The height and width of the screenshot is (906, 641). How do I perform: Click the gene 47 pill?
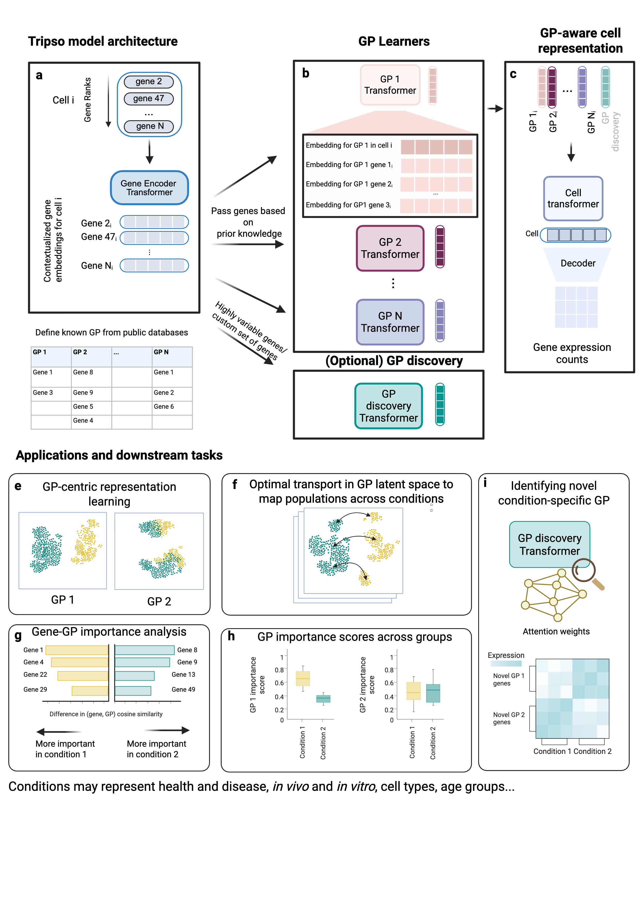[x=149, y=99]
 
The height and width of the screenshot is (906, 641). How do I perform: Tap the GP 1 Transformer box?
[x=390, y=85]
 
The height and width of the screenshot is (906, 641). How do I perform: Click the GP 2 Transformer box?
[x=390, y=248]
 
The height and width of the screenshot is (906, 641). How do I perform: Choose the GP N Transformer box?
[x=390, y=322]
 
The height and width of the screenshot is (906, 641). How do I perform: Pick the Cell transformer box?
[x=573, y=199]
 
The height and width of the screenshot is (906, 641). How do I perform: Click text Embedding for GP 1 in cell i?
[x=349, y=145]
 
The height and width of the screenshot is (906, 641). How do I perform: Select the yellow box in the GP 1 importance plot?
[x=303, y=678]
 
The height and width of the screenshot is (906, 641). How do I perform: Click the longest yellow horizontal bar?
[x=77, y=650]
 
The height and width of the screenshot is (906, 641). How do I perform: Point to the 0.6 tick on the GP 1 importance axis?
[x=279, y=683]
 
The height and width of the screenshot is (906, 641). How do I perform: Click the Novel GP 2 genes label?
[x=508, y=718]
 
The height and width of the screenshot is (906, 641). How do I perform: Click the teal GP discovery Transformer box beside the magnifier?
[x=549, y=544]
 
